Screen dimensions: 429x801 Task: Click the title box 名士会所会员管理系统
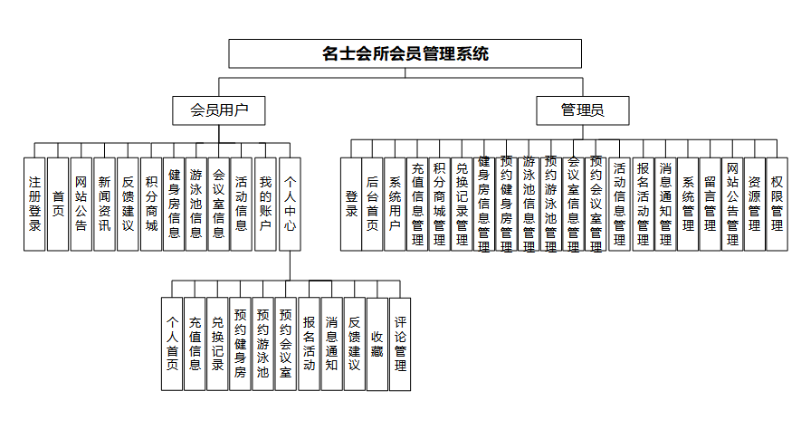[x=405, y=54]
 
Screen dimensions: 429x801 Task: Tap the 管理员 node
[x=583, y=111]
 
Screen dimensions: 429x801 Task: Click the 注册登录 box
[x=35, y=204]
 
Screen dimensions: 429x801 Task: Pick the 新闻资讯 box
[x=105, y=204]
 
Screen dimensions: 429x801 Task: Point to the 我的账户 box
[x=265, y=204]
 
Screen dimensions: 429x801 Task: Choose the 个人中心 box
[x=289, y=204]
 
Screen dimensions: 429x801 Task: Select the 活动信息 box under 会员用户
[x=242, y=204]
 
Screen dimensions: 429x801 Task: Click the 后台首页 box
[x=373, y=204]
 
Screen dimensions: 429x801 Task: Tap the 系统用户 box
[x=396, y=204]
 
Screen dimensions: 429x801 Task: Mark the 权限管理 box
[x=777, y=204]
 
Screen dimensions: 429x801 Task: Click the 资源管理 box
[x=754, y=204]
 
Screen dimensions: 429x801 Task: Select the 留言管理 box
[x=710, y=204]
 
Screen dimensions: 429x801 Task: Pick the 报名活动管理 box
[x=643, y=204]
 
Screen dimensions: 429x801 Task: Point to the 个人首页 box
[x=172, y=344]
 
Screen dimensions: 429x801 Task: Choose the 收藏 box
[x=377, y=344]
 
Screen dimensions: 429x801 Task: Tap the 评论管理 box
[x=400, y=344]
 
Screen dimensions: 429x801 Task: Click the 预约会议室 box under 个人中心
[x=285, y=344]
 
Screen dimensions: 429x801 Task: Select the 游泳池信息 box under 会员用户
[x=196, y=204]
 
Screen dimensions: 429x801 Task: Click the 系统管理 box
[x=688, y=204]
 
